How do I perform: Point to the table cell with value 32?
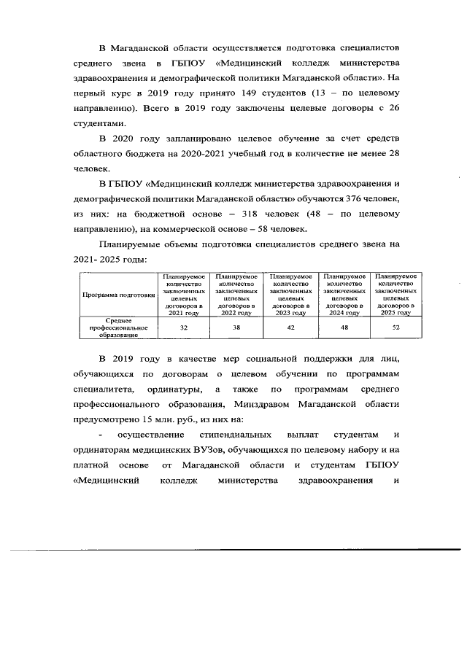coord(183,328)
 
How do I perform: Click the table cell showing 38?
coord(236,328)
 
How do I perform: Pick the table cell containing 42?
coord(290,328)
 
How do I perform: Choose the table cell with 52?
coord(395,328)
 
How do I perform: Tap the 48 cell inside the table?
coord(344,328)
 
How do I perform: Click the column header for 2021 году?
coord(183,295)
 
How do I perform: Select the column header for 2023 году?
coord(290,295)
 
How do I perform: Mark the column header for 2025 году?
coord(395,295)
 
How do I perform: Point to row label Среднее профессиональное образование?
coord(118,328)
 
